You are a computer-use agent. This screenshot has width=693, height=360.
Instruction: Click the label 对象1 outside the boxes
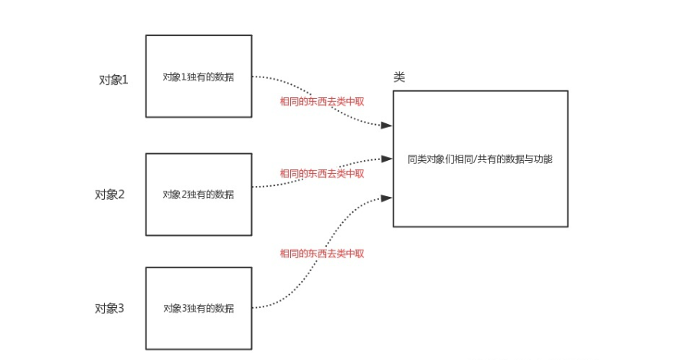pyautogui.click(x=113, y=79)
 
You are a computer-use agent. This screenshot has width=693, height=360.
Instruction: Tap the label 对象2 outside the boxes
pyautogui.click(x=110, y=194)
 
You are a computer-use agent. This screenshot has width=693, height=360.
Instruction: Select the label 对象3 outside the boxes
pyautogui.click(x=110, y=309)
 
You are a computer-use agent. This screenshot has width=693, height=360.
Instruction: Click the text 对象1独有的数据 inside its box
pyautogui.click(x=198, y=77)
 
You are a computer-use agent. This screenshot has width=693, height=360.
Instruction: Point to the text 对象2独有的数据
pyautogui.click(x=198, y=195)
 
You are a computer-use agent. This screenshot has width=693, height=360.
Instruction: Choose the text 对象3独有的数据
pyautogui.click(x=198, y=309)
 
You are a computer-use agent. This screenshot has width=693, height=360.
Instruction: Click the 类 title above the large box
pyautogui.click(x=399, y=77)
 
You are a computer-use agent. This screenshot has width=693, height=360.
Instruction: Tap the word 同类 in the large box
pyautogui.click(x=416, y=160)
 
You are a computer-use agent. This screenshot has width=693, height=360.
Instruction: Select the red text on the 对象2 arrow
pyautogui.click(x=322, y=173)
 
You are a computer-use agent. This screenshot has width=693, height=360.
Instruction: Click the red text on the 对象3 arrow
pyautogui.click(x=322, y=254)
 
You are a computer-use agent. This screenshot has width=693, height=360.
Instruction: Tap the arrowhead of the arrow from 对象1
pyautogui.click(x=388, y=126)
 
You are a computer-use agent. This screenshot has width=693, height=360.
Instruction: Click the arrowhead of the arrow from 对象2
pyautogui.click(x=388, y=159)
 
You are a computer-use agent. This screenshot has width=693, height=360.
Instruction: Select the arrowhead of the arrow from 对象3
pyautogui.click(x=388, y=198)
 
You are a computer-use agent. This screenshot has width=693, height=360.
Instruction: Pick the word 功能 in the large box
pyautogui.click(x=543, y=160)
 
